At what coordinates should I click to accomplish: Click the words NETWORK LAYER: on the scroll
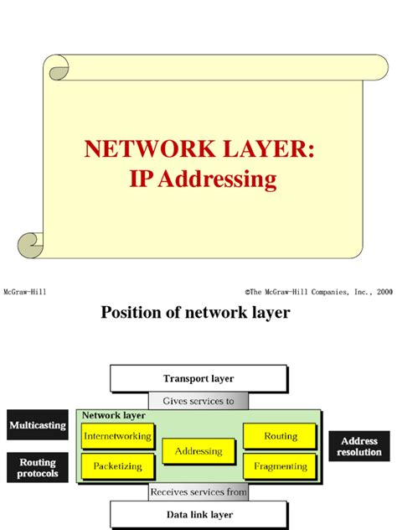click(198, 151)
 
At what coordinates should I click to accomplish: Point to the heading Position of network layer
click(195, 314)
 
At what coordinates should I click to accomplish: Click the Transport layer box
click(198, 378)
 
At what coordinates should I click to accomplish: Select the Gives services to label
click(198, 401)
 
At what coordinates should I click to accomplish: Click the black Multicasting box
click(37, 425)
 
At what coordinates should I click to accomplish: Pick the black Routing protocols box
click(37, 468)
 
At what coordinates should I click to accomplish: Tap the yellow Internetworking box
click(118, 436)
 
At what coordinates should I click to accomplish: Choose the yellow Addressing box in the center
click(198, 452)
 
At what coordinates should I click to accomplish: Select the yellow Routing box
click(280, 436)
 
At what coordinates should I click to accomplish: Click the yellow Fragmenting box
click(280, 465)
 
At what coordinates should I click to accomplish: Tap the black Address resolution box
click(359, 446)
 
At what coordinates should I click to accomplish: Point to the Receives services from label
click(198, 491)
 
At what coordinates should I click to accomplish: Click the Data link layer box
click(198, 514)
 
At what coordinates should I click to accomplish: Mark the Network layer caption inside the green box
click(113, 415)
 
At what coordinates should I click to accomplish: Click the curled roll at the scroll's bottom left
click(32, 244)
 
